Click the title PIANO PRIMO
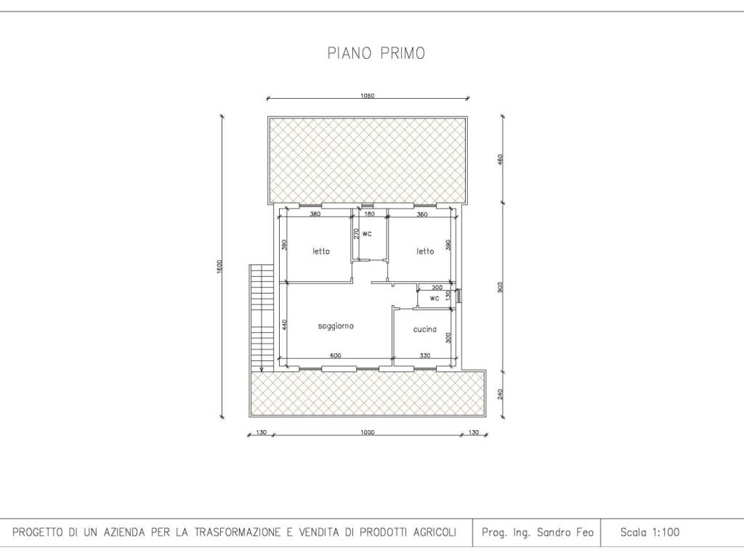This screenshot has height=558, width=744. pyautogui.click(x=376, y=53)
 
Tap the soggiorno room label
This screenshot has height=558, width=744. pyautogui.click(x=336, y=326)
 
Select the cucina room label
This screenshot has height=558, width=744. pyautogui.click(x=424, y=329)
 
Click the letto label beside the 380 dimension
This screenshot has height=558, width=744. pyautogui.click(x=321, y=251)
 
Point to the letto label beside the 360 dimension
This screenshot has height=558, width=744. pyautogui.click(x=426, y=251)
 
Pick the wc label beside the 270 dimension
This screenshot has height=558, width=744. pyautogui.click(x=367, y=234)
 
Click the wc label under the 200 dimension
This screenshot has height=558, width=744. pyautogui.click(x=434, y=299)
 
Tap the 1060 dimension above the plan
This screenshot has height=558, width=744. pyautogui.click(x=367, y=96)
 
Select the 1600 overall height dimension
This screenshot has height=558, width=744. pyautogui.click(x=219, y=267)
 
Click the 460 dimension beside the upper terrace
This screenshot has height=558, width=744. pyautogui.click(x=500, y=159)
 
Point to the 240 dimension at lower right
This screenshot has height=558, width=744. pyautogui.click(x=500, y=395)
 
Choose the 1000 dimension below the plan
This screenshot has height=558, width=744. pyautogui.click(x=367, y=432)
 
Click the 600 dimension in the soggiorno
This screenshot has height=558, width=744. pyautogui.click(x=336, y=355)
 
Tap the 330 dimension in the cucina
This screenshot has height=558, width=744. pyautogui.click(x=425, y=355)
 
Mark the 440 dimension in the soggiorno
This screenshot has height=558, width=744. pyautogui.click(x=284, y=325)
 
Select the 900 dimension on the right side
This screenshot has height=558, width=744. pyautogui.click(x=500, y=288)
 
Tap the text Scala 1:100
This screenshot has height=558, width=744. pyautogui.click(x=650, y=533)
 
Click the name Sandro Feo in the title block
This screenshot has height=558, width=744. pyautogui.click(x=565, y=533)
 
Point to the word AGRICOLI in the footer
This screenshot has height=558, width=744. pyautogui.click(x=432, y=533)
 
